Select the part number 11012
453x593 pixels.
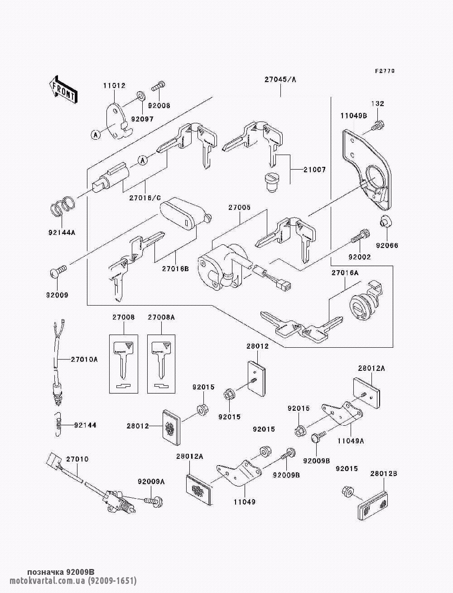pyautogui.click(x=114, y=86)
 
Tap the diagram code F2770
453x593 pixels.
pyautogui.click(x=385, y=71)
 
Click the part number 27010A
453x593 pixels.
pyautogui.click(x=84, y=360)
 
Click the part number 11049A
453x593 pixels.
pyautogui.click(x=351, y=440)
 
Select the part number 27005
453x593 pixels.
pyautogui.click(x=239, y=207)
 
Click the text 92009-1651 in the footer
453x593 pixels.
pyautogui.click(x=112, y=581)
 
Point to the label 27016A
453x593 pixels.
pyautogui.click(x=345, y=273)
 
